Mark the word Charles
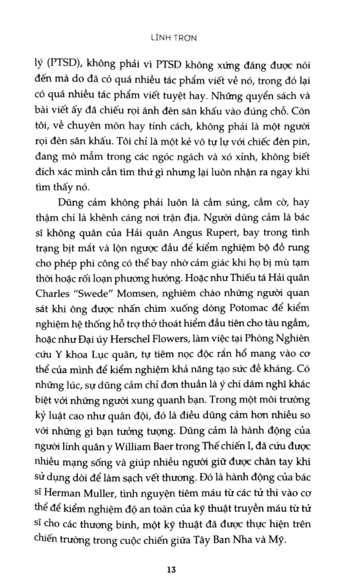click(x=54, y=283)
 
